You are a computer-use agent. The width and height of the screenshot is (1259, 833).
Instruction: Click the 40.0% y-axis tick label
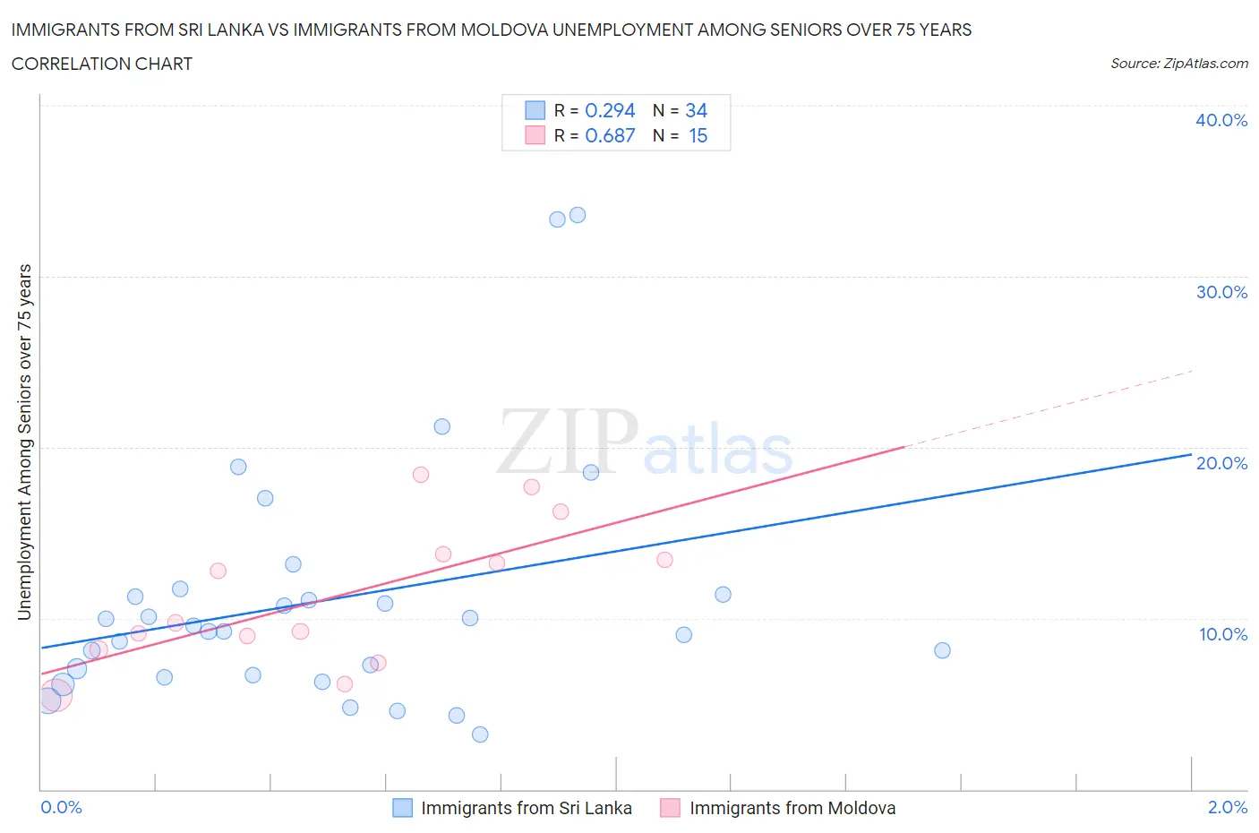tap(1221, 120)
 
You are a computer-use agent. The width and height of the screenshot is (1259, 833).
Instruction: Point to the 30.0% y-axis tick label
tap(1221, 292)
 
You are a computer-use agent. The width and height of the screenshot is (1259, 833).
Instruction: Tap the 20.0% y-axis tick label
tap(1221, 463)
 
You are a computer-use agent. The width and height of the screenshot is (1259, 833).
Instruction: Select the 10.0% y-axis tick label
tap(1221, 634)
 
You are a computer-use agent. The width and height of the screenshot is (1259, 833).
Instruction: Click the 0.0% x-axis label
tap(62, 807)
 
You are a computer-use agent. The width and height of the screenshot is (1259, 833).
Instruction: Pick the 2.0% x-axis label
tap(1227, 807)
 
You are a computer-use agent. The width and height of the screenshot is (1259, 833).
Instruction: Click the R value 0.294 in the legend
tap(610, 110)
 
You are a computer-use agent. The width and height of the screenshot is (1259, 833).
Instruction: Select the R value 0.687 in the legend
tap(610, 135)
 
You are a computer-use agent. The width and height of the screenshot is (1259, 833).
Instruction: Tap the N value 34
tap(696, 110)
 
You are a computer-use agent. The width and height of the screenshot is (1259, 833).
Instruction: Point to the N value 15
tap(698, 135)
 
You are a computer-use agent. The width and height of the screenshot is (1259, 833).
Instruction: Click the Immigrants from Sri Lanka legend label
tap(526, 808)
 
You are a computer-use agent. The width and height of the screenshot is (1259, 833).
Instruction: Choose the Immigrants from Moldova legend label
tap(792, 808)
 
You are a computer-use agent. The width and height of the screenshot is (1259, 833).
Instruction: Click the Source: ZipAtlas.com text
tap(1178, 64)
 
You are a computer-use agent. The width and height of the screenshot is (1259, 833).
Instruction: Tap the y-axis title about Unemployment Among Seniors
tap(25, 442)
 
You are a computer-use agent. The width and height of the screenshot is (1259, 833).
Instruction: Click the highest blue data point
tap(578, 215)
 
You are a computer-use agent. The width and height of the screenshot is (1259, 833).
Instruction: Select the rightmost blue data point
tap(942, 650)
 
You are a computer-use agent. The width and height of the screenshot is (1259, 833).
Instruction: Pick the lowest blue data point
tap(480, 734)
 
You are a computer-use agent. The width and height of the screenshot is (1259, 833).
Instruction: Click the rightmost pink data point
tap(664, 560)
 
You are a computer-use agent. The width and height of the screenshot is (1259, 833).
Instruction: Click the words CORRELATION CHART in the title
tap(102, 64)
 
